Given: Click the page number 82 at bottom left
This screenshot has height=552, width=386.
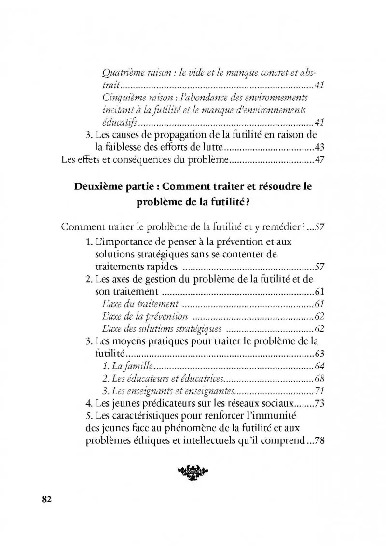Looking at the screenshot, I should tap(46, 499).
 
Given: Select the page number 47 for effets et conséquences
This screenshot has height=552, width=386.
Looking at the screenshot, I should tap(318, 160).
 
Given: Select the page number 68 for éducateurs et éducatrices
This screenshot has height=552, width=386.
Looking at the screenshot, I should tap(318, 378).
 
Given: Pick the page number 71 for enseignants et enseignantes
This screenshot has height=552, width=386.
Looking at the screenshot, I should tap(318, 391).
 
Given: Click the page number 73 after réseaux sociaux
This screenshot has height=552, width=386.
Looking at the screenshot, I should tap(318, 403).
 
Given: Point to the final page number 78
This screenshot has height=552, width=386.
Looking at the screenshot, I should tap(318, 441).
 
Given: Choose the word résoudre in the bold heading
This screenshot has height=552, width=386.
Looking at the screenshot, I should tap(277, 187).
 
